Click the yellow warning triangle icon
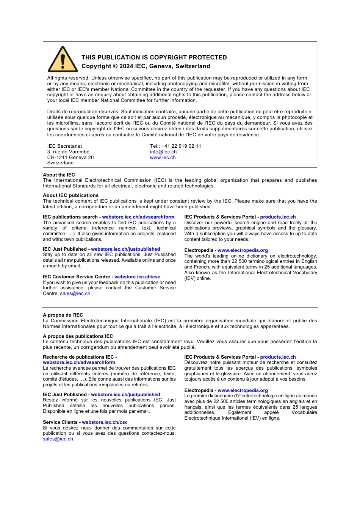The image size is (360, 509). coord(63,60)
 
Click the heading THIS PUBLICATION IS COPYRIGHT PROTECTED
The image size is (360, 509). coord(154,58)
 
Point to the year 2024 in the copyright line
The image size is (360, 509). coord(126,66)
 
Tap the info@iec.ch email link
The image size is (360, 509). coord(163,152)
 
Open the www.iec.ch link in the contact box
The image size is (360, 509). coord(163,158)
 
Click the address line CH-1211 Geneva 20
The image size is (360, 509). coord(70,158)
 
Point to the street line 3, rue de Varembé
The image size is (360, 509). coord(68,152)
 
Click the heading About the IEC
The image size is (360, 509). coord(59,175)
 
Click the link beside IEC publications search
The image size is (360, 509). coord(138,217)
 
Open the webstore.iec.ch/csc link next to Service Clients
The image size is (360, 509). coord(105,422)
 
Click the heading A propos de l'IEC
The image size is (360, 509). coord(63,315)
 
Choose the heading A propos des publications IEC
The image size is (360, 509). coord(78,336)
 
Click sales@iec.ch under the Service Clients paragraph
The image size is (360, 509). coord(58,439)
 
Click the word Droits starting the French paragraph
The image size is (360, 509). coord(55,112)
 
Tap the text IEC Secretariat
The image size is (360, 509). coord(64,146)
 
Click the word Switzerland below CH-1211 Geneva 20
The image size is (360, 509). coord(60,163)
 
